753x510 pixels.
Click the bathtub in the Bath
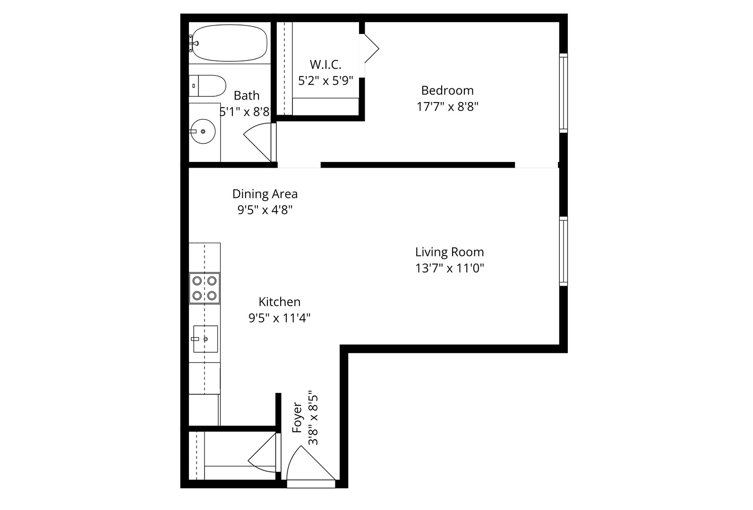(229, 43)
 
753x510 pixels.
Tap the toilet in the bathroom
(208, 85)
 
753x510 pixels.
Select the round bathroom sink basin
(203, 131)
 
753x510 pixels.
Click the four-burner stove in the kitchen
(205, 288)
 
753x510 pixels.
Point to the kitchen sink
(205, 339)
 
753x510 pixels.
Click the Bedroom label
(447, 90)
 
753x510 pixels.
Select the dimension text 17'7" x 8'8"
(447, 107)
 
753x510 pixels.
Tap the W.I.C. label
(325, 64)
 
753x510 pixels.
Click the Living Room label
(449, 252)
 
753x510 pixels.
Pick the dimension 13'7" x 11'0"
(449, 269)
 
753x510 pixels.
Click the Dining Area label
(265, 194)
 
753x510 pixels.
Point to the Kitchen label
(279, 302)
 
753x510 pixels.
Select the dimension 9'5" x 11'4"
(279, 318)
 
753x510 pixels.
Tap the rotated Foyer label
(297, 418)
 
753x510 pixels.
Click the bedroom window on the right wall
(563, 93)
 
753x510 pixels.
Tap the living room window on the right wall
(563, 251)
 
